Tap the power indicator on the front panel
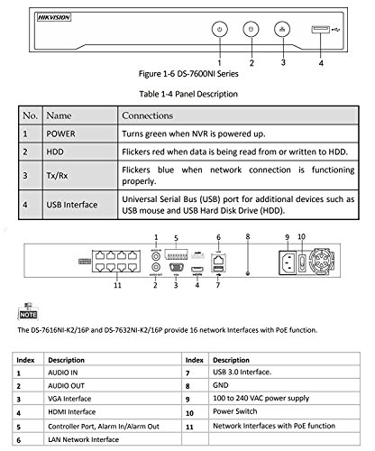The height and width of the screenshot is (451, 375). (219, 29)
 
